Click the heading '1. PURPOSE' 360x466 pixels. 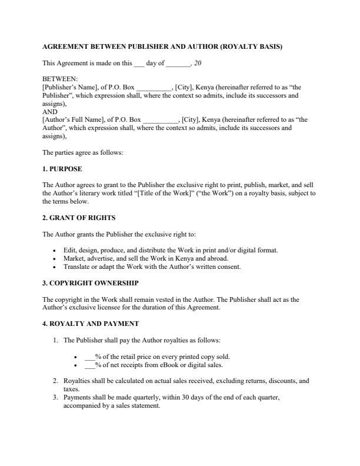point(62,169)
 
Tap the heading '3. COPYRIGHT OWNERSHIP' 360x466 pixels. point(91,283)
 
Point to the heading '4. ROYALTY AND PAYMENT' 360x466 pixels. point(91,324)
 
